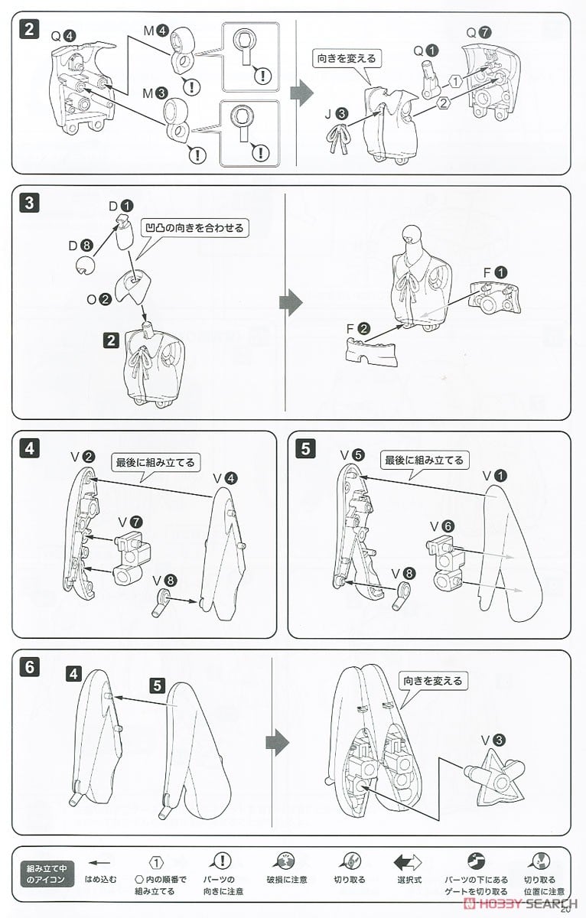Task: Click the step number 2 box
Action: click(29, 30)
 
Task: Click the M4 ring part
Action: click(181, 50)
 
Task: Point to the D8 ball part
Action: click(86, 265)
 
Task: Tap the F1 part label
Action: click(495, 272)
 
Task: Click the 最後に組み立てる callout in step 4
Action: click(155, 462)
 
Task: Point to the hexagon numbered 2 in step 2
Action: click(444, 103)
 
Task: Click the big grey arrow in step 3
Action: click(291, 302)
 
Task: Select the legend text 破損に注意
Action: click(286, 880)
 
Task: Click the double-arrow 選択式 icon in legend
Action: click(407, 862)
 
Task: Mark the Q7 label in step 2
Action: click(479, 33)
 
